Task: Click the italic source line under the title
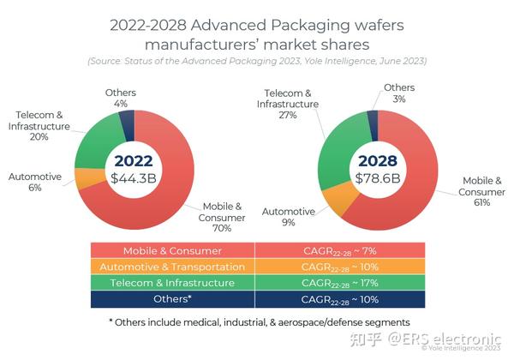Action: pyautogui.click(x=256, y=61)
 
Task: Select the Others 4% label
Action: pyautogui.click(x=121, y=98)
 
